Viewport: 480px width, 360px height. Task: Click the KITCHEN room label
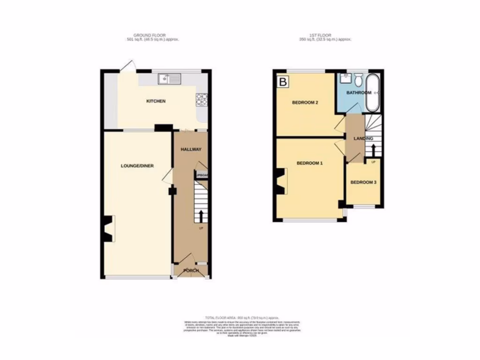pos(156,101)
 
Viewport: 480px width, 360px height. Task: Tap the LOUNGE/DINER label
pos(137,165)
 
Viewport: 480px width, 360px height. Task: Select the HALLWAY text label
pos(191,150)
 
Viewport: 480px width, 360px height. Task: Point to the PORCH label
pos(191,271)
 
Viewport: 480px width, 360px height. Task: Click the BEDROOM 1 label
pos(309,163)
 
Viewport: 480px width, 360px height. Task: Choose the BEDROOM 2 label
pos(305,102)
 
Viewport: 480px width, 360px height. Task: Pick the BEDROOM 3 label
pos(363,182)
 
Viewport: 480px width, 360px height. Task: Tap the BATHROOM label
pos(358,93)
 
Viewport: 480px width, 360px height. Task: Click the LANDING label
pos(363,138)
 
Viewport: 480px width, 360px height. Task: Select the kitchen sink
pos(169,79)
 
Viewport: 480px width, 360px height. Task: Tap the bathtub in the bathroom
pos(373,92)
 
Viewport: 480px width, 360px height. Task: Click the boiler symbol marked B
pos(283,82)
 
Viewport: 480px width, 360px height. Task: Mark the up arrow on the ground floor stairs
pos(202,216)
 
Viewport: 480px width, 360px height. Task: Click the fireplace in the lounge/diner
pos(108,229)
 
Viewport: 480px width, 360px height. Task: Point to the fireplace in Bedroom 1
pos(281,181)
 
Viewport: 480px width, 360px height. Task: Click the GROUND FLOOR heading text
pos(145,35)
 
